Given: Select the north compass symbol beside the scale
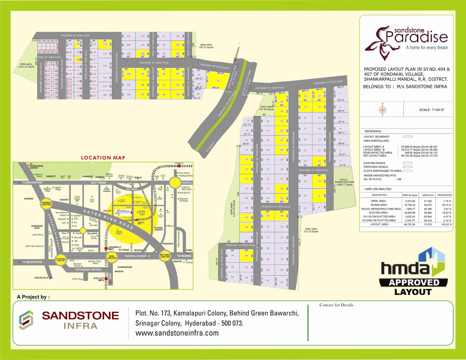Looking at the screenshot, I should [382, 110].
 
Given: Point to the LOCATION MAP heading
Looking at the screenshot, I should [103, 158].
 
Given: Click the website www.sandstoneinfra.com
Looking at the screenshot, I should [177, 333].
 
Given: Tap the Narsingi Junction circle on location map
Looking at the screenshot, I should [46, 203].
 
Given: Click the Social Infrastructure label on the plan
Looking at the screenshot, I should [344, 182].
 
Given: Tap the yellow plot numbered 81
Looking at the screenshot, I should [218, 81].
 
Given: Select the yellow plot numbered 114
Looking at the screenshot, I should [105, 44].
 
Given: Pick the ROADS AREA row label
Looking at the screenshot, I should [379, 205].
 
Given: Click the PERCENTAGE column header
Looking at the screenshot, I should [444, 195].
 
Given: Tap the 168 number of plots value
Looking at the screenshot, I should [399, 179].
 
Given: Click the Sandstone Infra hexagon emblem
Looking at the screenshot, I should [26, 320].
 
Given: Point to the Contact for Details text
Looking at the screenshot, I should [336, 305].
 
